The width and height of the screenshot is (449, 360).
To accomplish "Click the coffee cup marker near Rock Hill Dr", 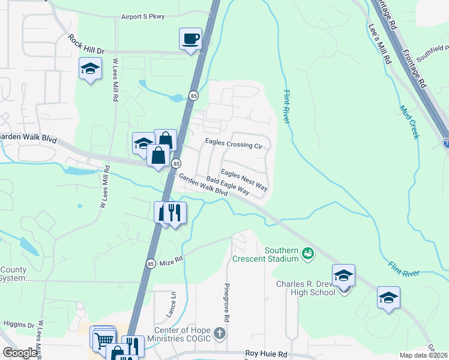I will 191,40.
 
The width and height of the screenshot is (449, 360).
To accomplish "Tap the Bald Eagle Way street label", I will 228,185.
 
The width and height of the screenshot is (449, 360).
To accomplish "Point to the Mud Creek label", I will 410,122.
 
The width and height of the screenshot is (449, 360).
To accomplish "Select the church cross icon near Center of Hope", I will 220,334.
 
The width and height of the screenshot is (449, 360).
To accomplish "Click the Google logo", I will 20,353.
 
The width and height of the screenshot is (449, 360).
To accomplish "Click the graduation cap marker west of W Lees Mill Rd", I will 90,69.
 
